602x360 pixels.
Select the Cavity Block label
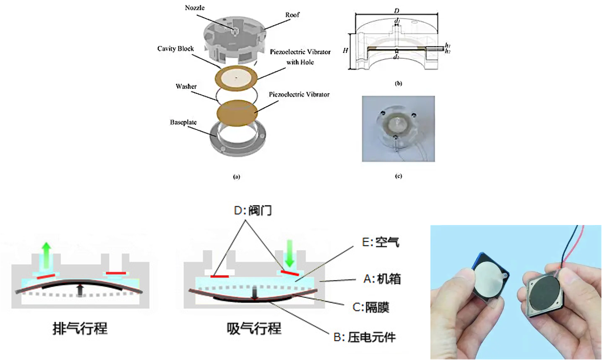coord(177,49)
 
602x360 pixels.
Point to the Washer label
coord(186,87)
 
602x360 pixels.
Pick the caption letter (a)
coord(237,177)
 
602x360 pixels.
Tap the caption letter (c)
coord(398,176)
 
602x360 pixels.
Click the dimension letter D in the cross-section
coord(397,10)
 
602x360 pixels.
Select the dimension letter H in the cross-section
coord(345,51)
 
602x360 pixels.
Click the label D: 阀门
coord(253,210)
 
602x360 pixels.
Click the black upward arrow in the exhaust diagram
coord(80,290)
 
